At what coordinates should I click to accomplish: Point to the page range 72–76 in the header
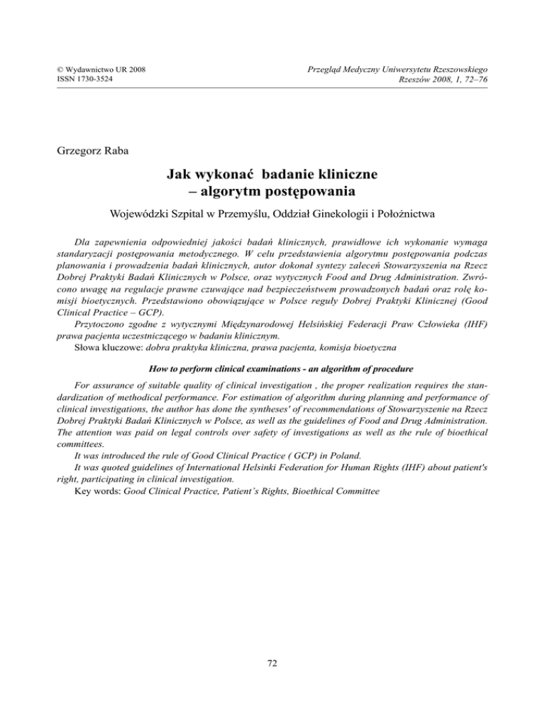pyautogui.click(x=473, y=78)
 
